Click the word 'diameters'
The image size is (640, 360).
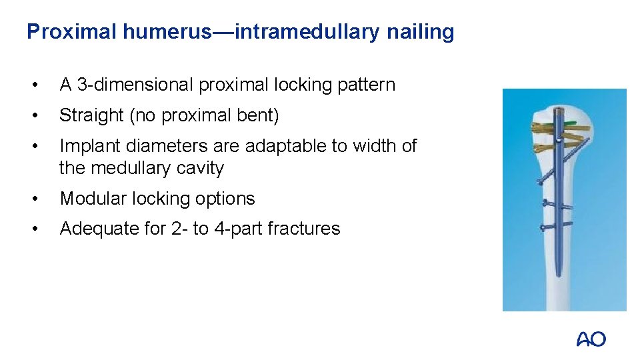pos(171,146)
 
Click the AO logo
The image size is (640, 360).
pos(591,339)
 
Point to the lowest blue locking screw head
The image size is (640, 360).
pos(543,228)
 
